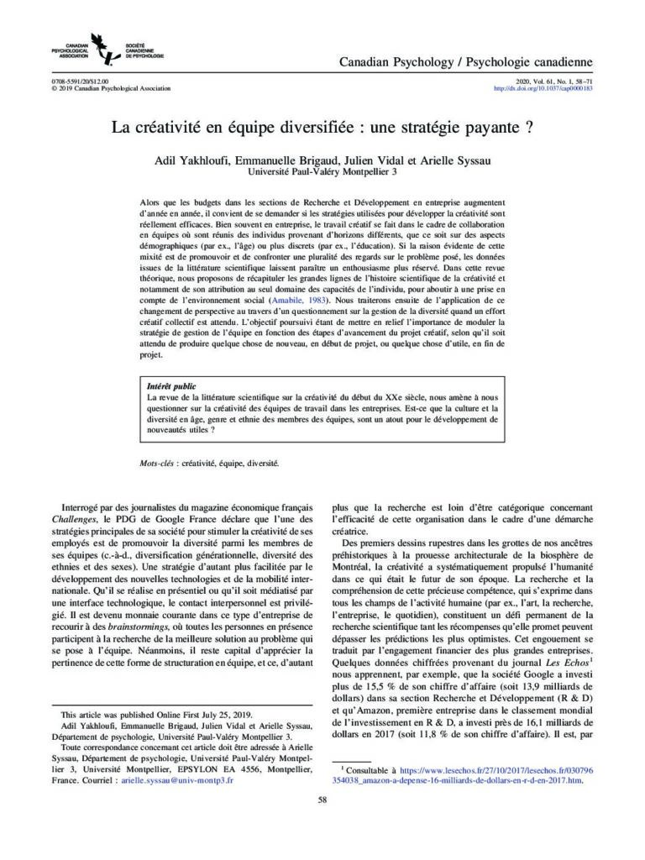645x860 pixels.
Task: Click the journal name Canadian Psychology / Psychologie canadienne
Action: pos(465,63)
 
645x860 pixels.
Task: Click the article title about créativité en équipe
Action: pos(322,130)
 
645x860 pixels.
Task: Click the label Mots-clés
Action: pos(157,463)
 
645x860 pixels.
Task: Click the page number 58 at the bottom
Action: pos(322,799)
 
